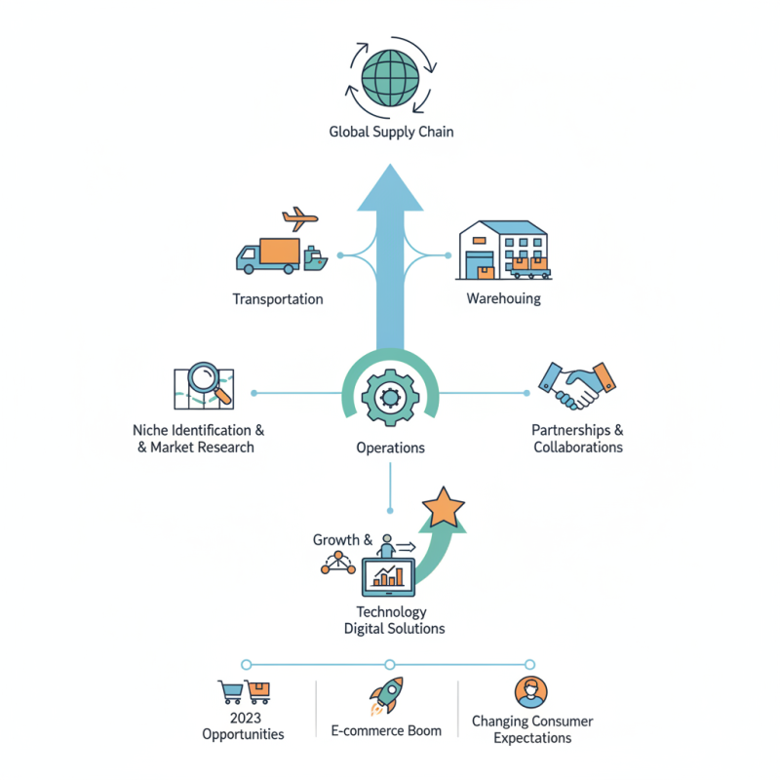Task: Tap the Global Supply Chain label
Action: click(391, 132)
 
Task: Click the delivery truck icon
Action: click(266, 255)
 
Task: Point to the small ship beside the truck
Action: click(313, 258)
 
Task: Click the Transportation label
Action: click(278, 299)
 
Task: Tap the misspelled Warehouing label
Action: click(503, 298)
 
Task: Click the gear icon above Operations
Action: click(390, 396)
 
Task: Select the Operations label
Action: click(390, 448)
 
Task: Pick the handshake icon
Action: click(579, 386)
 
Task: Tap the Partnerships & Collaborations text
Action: click(577, 439)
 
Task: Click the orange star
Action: click(444, 507)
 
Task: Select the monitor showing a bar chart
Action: click(389, 577)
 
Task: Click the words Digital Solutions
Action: click(394, 629)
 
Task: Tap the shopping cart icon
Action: click(230, 692)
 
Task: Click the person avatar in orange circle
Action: click(531, 692)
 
